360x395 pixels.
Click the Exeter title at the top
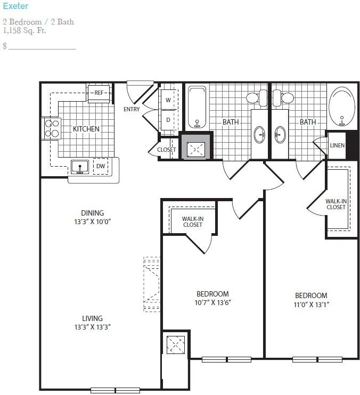15,6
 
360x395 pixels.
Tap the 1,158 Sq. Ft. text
24,30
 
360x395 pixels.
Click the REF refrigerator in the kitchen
99,93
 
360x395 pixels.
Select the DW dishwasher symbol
101,166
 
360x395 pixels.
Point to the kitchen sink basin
80,167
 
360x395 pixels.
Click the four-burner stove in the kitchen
52,128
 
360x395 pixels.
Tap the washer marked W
168,100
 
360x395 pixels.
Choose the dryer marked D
168,120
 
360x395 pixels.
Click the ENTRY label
132,109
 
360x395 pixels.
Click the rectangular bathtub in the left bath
197,108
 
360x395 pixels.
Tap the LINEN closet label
337,145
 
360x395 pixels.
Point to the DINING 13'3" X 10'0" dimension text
93,217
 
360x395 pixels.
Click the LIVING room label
92,318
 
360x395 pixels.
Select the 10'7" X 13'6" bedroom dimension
212,302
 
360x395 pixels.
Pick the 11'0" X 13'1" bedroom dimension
311,305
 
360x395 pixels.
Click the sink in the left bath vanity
259,135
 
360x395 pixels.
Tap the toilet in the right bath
283,98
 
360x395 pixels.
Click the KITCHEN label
86,129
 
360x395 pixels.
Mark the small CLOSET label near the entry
167,150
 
